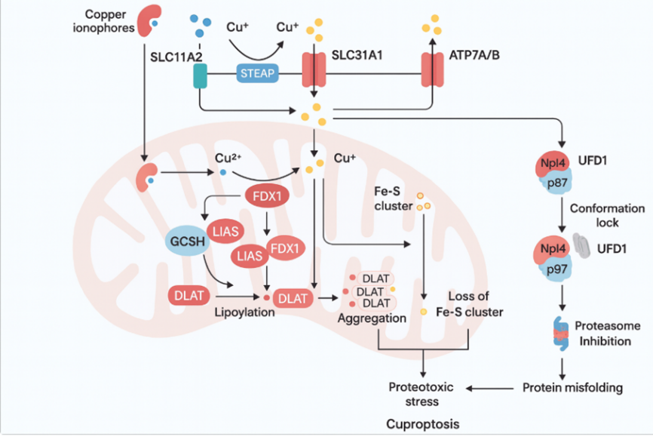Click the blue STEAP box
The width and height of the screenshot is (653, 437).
(257, 73)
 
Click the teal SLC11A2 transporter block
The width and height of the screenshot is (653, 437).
(201, 75)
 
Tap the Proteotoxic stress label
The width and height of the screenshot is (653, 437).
(421, 394)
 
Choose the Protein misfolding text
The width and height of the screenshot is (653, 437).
(572, 388)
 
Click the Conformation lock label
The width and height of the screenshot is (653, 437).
(607, 215)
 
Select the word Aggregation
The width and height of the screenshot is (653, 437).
(372, 319)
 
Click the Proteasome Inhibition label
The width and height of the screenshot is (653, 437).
(608, 332)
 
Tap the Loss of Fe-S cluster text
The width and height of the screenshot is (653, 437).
(471, 304)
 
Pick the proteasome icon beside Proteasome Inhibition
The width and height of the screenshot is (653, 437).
(561, 333)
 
